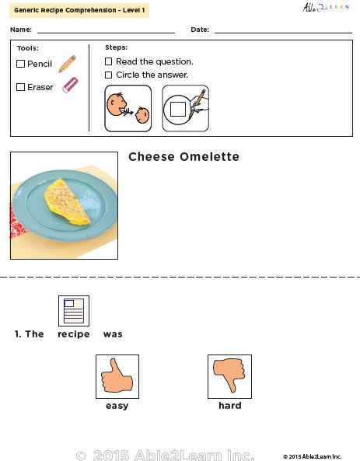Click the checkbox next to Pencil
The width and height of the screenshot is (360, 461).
[21, 64]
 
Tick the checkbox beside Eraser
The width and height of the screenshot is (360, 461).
[21, 87]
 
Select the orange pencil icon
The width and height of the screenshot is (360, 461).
[67, 64]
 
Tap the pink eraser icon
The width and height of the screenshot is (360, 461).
[70, 85]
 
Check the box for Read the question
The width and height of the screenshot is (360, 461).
[109, 61]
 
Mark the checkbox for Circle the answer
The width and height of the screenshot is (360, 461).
[109, 75]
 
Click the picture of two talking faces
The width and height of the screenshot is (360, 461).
[128, 108]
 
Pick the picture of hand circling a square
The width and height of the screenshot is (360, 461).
[185, 108]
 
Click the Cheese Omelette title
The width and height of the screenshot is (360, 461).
[183, 157]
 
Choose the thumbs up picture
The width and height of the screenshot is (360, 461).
[117, 376]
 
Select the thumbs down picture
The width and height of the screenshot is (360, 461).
[229, 376]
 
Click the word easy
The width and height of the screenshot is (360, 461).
[117, 406]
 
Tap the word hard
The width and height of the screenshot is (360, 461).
[229, 406]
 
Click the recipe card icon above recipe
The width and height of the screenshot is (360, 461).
[74, 310]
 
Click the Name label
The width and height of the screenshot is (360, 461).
[22, 30]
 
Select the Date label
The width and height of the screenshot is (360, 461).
[200, 30]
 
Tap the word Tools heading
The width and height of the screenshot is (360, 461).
[27, 48]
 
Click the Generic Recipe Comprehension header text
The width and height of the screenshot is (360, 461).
[79, 10]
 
